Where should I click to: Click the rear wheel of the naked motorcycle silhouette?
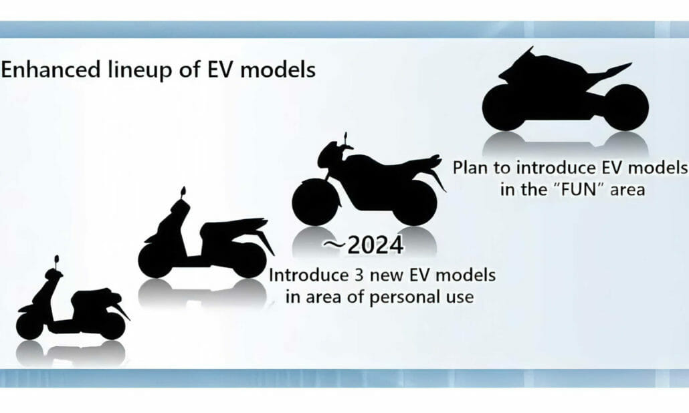(x=414, y=202)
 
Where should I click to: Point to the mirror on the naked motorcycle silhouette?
(x=346, y=137)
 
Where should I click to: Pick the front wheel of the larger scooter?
(x=158, y=258)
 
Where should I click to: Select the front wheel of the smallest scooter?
(x=29, y=325)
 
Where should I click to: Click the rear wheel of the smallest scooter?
(x=110, y=325)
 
